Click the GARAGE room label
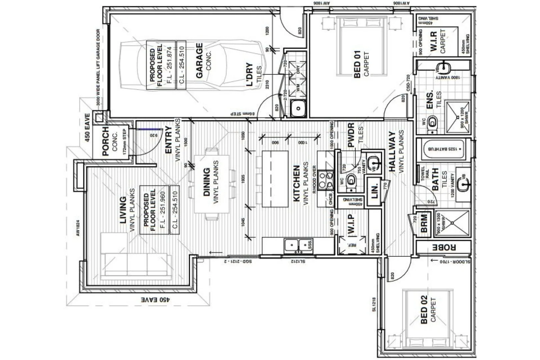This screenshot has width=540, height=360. click(199, 61)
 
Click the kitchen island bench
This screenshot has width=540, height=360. click(275, 179)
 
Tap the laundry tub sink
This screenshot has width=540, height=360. click(298, 108)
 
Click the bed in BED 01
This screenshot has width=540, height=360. click(362, 47)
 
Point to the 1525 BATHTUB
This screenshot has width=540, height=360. click(444, 149)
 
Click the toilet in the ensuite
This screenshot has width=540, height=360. click(432, 122)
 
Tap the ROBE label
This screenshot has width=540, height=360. click(444, 247)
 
